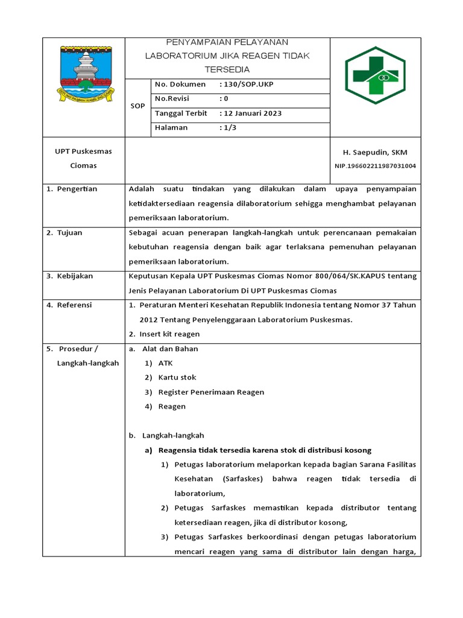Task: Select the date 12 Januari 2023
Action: (251, 113)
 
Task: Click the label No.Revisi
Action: (172, 99)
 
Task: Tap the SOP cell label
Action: (137, 106)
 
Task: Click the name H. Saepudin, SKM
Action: (375, 153)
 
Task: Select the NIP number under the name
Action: (375, 166)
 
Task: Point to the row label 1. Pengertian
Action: (72, 189)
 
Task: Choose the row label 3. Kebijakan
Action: (70, 276)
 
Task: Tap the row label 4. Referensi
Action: (69, 305)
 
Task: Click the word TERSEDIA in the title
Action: (227, 69)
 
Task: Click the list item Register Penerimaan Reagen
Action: (211, 392)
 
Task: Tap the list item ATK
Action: (165, 363)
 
